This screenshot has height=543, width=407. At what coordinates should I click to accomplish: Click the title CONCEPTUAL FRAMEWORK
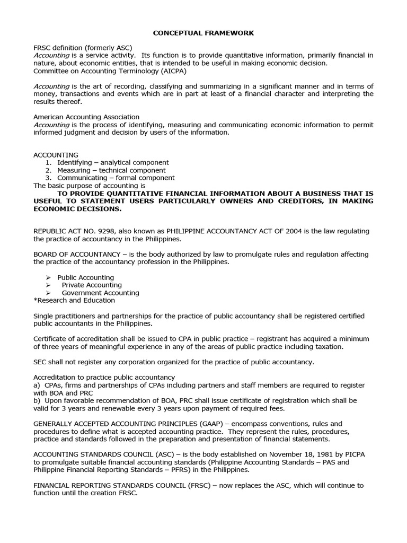(x=203, y=33)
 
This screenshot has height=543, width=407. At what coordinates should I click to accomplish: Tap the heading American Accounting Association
(x=86, y=117)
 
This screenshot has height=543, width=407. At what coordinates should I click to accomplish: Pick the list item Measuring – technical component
(x=111, y=170)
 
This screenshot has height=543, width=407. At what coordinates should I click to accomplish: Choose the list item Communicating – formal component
(x=116, y=178)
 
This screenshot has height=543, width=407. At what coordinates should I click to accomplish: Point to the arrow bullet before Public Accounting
(x=48, y=277)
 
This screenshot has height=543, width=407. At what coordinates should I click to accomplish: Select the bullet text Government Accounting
(x=100, y=293)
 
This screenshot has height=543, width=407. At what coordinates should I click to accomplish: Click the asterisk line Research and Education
(x=74, y=300)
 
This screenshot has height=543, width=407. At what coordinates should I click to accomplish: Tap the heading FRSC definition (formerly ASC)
(x=83, y=48)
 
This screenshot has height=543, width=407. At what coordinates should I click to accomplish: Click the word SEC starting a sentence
(x=40, y=362)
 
